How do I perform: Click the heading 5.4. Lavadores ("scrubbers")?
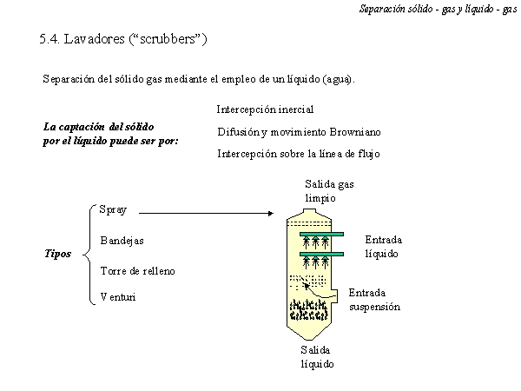(123, 39)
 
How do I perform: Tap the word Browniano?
(355, 132)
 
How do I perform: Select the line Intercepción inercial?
(265, 109)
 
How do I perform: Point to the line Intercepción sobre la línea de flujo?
(299, 154)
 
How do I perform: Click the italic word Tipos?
(58, 254)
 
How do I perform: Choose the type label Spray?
(113, 209)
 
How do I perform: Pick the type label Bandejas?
(122, 241)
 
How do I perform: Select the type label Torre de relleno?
(137, 271)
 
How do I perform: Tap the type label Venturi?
(118, 296)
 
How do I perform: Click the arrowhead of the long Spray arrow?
(271, 214)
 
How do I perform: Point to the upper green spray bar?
(321, 234)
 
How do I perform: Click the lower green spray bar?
(321, 255)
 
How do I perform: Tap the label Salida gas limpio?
(329, 191)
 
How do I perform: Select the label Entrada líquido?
(384, 247)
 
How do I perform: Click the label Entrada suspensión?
(374, 300)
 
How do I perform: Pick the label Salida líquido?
(317, 357)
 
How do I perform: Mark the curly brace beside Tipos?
(87, 255)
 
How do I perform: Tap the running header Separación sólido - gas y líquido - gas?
(438, 9)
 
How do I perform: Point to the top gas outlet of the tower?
(309, 211)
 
